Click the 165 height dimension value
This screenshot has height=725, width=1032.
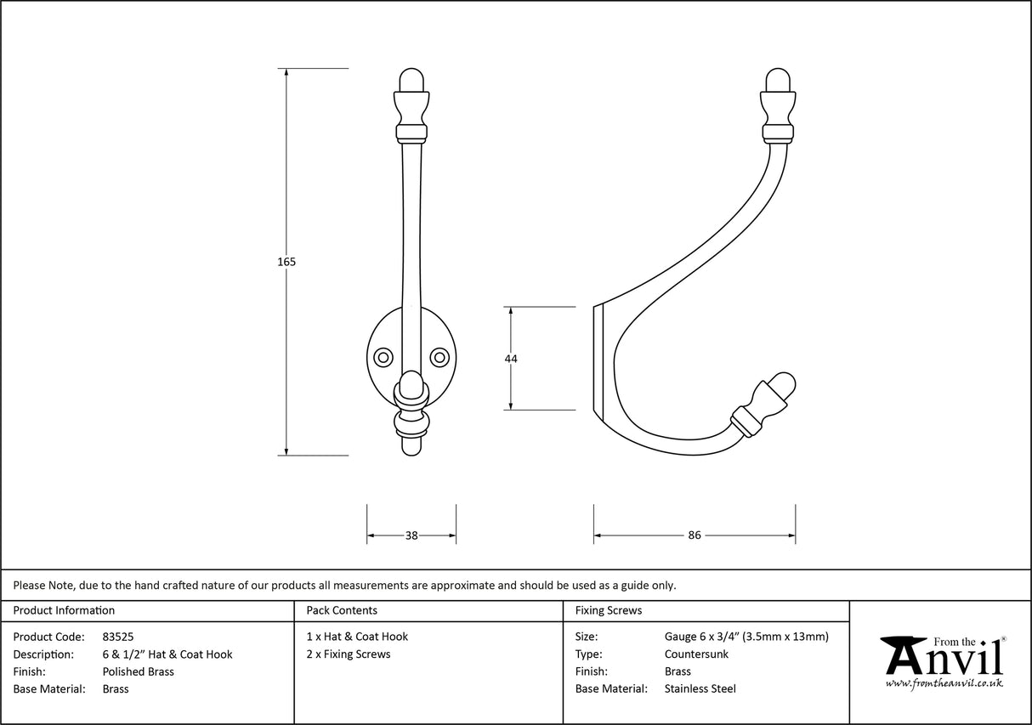tap(286, 262)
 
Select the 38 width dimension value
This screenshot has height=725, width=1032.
tap(411, 535)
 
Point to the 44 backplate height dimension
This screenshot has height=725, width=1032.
tap(511, 359)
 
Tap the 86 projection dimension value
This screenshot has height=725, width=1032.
tap(695, 535)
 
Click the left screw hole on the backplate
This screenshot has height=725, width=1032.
tap(383, 355)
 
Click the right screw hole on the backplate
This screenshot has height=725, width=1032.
tap(439, 355)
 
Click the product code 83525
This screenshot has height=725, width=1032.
tap(117, 637)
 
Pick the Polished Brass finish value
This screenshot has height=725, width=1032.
tap(138, 671)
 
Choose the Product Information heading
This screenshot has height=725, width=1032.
tap(64, 610)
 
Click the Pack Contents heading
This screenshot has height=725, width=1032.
tap(342, 610)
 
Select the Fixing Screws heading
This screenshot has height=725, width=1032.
tap(609, 610)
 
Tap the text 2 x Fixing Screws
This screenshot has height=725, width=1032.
tap(349, 654)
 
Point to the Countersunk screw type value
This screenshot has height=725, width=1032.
tap(696, 654)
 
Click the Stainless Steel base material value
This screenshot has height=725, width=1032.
tap(700, 689)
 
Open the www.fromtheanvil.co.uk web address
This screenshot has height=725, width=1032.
tap(944, 683)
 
